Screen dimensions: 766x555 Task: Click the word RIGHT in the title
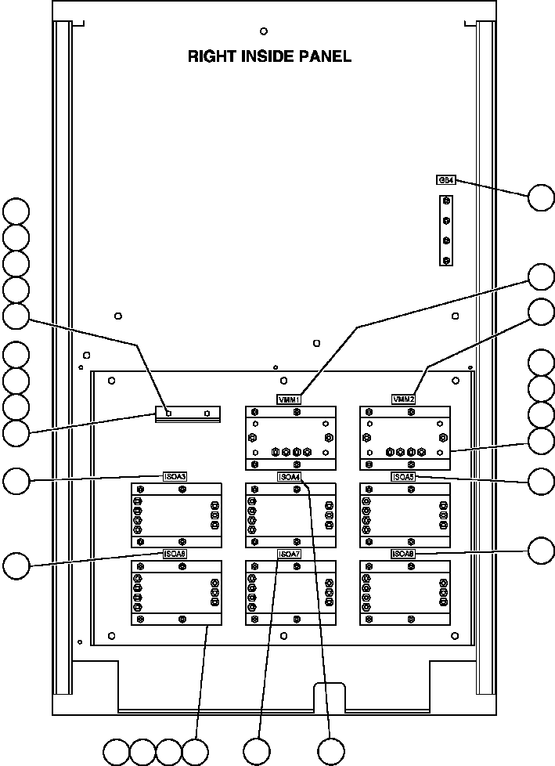[209, 56]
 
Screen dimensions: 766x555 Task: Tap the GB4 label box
[445, 180]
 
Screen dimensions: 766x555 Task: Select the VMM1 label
[290, 399]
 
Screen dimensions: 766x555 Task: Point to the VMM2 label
[404, 399]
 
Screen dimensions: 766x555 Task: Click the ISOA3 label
[175, 476]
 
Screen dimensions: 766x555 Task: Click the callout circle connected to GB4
[541, 198]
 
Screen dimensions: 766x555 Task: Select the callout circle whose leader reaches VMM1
[541, 277]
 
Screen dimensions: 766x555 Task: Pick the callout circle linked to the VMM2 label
[541, 311]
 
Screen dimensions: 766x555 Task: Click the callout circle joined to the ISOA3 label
[16, 481]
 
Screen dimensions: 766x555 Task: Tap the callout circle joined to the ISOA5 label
[541, 481]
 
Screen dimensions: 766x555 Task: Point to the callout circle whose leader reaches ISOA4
[331, 751]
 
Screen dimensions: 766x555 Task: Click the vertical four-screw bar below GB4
[446, 231]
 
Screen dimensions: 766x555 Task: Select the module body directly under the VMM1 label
[290, 438]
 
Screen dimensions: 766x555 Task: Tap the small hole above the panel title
[263, 31]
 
